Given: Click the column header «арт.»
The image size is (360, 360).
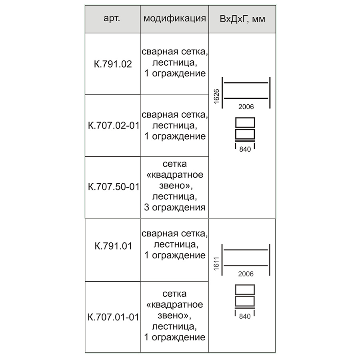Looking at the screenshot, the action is (x=112, y=18).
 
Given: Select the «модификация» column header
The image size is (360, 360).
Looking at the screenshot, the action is (x=174, y=18).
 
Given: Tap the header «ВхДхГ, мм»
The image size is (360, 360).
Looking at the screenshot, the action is (x=242, y=19).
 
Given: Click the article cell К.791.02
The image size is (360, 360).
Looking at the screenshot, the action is (x=113, y=64).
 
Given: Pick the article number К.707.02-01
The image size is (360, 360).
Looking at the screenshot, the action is (x=114, y=126).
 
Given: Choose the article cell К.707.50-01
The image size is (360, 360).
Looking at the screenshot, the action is (x=114, y=187).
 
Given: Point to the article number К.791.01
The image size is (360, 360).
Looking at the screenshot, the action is (x=114, y=246).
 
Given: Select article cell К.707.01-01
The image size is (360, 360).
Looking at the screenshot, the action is (x=114, y=317).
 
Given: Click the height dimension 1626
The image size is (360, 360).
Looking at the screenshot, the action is (x=216, y=96).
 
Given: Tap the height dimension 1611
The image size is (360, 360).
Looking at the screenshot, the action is (x=216, y=264).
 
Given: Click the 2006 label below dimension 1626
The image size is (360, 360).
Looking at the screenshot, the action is (x=246, y=107).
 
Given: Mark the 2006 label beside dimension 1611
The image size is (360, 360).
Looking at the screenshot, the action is (x=246, y=274).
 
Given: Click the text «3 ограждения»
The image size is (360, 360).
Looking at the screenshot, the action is (x=175, y=207).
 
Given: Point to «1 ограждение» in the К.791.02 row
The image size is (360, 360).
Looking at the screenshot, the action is (x=175, y=73).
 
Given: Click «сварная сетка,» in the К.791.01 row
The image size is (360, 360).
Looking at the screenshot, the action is (x=175, y=234).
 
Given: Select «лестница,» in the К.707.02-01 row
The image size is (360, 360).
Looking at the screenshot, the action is (x=175, y=125).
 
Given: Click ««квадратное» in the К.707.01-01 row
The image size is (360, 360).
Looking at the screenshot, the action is (x=174, y=305).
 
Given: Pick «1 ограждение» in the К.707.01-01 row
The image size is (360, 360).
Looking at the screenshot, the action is (x=175, y=337).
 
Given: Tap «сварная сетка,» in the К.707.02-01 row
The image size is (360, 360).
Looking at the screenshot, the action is (x=175, y=114).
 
